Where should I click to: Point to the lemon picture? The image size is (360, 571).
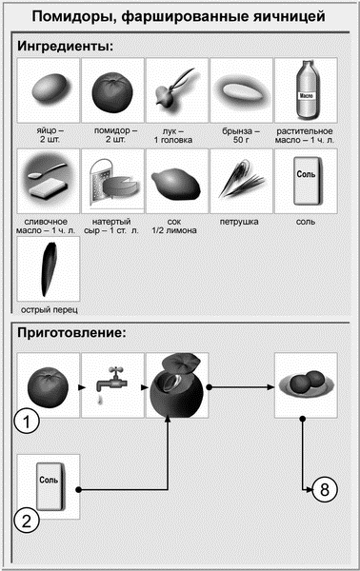coord(177,181)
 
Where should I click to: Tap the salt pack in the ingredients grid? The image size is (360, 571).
coord(306,181)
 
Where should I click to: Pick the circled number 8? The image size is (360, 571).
coord(325,490)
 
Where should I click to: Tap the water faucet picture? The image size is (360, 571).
coord(111,385)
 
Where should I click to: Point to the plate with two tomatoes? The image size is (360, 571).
coord(305,384)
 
